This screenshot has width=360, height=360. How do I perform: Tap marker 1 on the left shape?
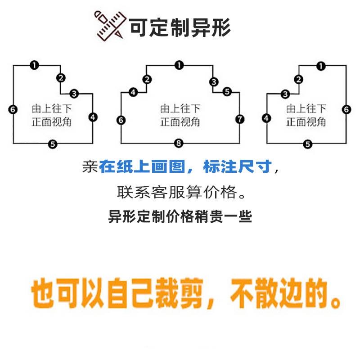34,65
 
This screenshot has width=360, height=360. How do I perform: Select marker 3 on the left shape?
74,94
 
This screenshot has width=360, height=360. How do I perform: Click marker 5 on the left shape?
53,144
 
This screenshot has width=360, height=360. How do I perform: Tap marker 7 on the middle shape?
239,119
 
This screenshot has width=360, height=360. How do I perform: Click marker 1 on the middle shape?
179,65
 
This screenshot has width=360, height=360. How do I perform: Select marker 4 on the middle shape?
133,93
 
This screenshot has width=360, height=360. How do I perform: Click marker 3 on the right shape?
285,94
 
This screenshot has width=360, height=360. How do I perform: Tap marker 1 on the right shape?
320,66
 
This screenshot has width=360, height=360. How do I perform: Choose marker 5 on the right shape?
308,144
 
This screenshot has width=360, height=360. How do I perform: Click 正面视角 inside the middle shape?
180,122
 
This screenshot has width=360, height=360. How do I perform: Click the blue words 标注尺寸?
238,167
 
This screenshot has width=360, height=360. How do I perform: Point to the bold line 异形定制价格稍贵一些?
180,217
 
